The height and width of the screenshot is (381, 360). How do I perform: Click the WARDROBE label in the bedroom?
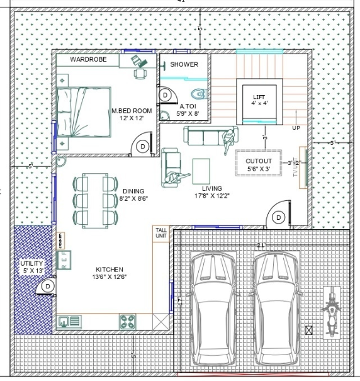click(87, 59)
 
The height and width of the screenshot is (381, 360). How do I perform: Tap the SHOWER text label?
click(184, 64)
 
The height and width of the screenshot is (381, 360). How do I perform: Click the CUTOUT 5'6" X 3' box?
click(259, 164)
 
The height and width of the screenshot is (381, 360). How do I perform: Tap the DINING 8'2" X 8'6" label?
click(133, 195)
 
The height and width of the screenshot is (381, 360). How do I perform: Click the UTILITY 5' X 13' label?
click(31, 267)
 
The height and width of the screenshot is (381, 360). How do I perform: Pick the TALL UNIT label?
click(162, 234)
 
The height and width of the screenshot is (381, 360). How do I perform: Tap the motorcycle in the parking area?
click(330, 310)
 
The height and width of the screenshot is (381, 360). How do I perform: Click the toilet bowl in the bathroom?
click(200, 95)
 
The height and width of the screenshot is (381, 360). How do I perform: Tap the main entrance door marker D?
click(279, 217)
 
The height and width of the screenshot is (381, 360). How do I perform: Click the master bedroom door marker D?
click(142, 146)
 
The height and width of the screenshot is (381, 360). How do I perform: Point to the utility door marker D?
click(47, 287)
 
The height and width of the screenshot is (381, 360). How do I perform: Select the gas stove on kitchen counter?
click(128, 322)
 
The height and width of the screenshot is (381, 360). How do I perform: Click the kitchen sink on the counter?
click(65, 322)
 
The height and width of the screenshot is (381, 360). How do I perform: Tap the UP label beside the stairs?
click(296, 128)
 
